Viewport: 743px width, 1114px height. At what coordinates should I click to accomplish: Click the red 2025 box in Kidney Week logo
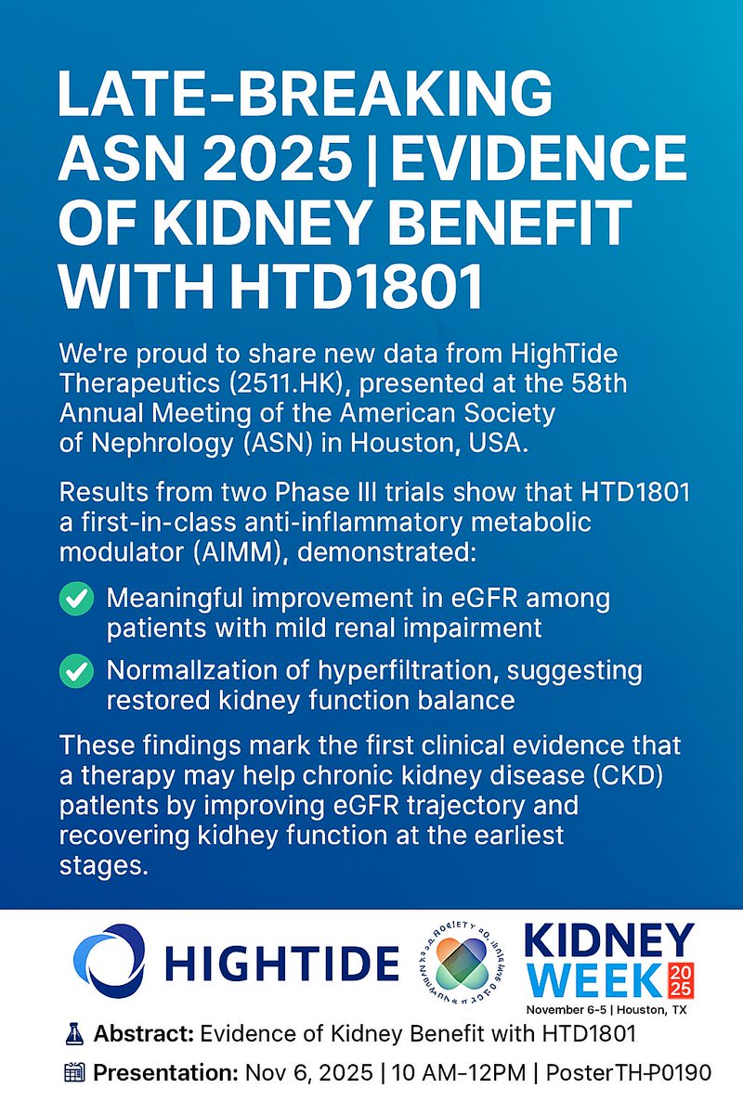(x=681, y=978)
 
